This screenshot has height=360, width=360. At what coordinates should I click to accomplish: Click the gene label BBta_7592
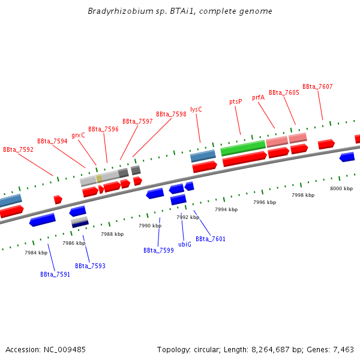tap(18, 149)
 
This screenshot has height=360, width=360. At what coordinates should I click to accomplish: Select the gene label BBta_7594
tap(52, 141)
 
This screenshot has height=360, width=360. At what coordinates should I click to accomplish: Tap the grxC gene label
tap(78, 135)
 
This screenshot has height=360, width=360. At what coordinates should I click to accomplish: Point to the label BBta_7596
tap(103, 129)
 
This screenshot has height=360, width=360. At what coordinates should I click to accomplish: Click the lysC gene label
tap(196, 109)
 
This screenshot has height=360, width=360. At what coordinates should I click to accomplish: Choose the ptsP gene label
tap(236, 101)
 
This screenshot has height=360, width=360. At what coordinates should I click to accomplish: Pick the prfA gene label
tap(258, 97)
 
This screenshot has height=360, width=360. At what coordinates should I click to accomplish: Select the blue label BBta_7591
tap(55, 274)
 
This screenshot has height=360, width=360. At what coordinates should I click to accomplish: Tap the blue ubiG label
tap(185, 244)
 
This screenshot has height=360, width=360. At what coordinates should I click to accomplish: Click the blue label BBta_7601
tap(211, 239)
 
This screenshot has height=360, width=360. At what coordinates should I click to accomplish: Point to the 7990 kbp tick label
tap(149, 226)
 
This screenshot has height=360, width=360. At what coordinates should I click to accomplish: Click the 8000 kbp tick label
tap(341, 188)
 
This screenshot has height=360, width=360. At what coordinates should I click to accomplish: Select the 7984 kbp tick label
tap(36, 253)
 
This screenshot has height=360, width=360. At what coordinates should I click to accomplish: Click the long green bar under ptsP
tap(243, 148)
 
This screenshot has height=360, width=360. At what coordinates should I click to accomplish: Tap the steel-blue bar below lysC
tap(203, 156)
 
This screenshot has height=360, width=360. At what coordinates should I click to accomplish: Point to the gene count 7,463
tap(343, 349)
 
